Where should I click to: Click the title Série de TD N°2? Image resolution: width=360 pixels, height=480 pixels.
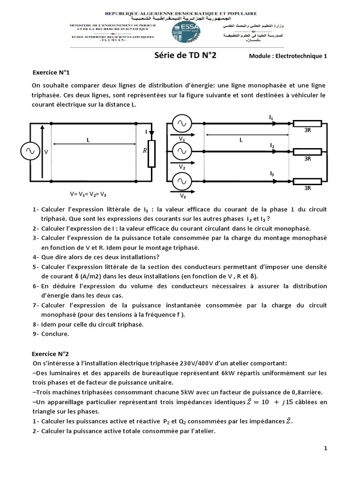point(186,56)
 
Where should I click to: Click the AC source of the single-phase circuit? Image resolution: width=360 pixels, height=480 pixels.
point(30,151)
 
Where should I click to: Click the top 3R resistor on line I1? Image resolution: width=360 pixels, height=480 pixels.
point(307,124)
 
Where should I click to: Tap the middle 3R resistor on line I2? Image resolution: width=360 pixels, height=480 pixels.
point(307,151)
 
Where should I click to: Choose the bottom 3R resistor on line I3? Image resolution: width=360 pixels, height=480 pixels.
point(307,180)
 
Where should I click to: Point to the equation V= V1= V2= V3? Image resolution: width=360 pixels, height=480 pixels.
point(91,194)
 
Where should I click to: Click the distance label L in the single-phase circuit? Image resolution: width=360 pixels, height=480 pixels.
point(88,140)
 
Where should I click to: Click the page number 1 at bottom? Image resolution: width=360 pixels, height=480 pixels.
point(325,448)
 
